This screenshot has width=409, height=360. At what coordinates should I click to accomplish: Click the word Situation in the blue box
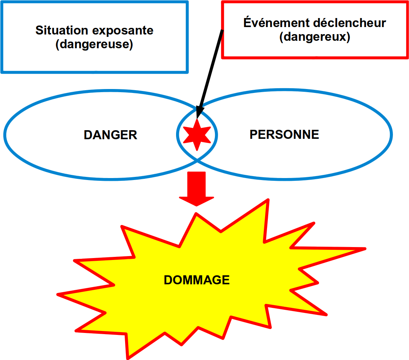pyautogui.click(x=62, y=30)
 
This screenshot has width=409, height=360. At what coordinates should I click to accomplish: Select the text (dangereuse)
pyautogui.click(x=94, y=44)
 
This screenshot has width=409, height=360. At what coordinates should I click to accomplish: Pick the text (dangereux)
pyautogui.click(x=315, y=37)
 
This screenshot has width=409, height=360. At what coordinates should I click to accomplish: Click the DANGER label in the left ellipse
pyautogui.click(x=110, y=135)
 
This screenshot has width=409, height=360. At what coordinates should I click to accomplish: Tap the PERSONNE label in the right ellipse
pyautogui.click(x=284, y=135)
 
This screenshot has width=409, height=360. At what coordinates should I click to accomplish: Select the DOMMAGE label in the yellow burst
pyautogui.click(x=197, y=280)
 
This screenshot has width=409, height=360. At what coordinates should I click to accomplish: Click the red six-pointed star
pyautogui.click(x=197, y=135)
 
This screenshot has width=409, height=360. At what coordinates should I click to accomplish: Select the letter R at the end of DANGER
pyautogui.click(x=133, y=135)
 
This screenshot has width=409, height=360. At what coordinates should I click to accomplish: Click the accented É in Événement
pyautogui.click(x=248, y=22)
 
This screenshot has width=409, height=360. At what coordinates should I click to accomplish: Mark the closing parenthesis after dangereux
pyautogui.click(x=348, y=37)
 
